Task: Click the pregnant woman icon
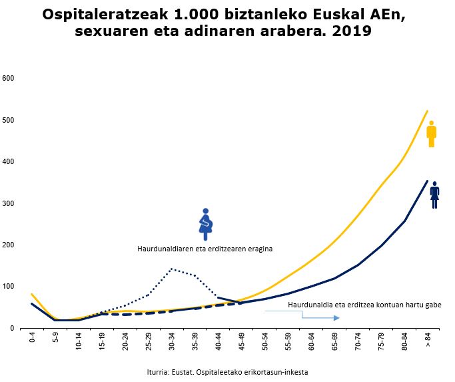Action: (206, 224)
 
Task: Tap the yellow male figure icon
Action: (432, 134)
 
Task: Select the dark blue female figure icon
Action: (434, 195)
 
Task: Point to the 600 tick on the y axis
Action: (9, 79)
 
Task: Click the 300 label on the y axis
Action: (9, 203)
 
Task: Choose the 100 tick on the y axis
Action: (9, 287)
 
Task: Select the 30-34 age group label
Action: (172, 342)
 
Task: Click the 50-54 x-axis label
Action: (265, 342)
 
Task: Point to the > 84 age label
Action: (428, 341)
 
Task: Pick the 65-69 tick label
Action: (335, 342)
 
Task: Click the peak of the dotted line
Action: (172, 269)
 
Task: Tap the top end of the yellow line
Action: (427, 111)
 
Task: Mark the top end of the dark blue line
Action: (427, 181)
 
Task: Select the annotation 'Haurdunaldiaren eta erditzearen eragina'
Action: (205, 249)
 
